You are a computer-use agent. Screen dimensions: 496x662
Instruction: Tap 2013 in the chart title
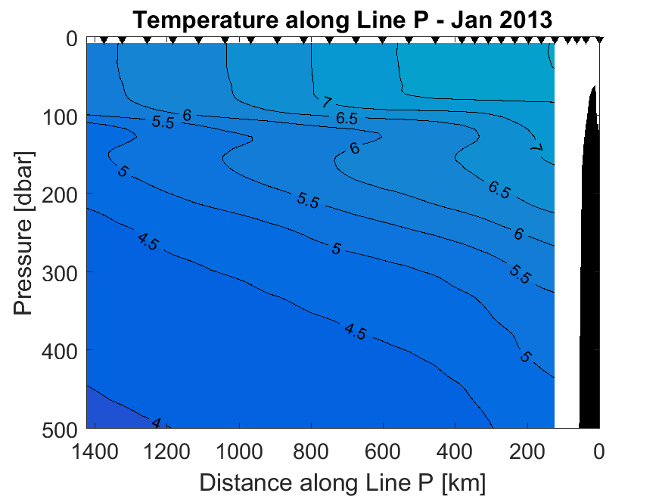(x=521, y=20)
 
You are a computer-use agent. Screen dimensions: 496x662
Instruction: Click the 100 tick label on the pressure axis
(x=58, y=116)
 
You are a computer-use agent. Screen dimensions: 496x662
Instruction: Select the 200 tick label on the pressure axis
(x=58, y=194)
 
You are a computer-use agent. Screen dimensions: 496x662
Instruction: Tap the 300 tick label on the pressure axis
(x=58, y=272)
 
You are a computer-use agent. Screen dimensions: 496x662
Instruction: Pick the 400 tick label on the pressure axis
(x=58, y=350)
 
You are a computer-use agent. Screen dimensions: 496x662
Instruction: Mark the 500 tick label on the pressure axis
(x=58, y=428)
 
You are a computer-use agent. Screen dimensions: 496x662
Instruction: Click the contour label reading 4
(x=157, y=423)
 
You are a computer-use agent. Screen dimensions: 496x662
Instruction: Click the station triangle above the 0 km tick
(x=599, y=39)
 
